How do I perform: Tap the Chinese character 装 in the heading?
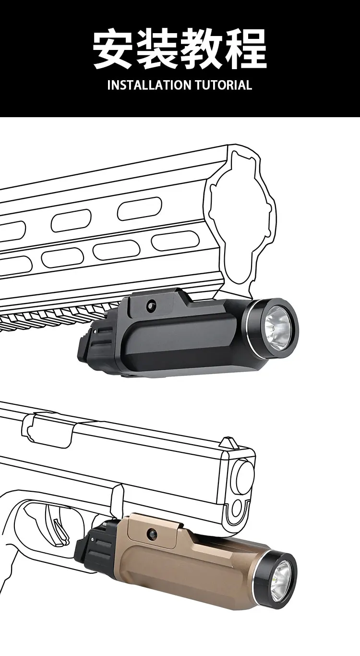[x=158, y=48]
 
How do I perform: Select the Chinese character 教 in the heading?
[x=202, y=48]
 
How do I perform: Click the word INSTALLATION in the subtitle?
[x=149, y=85]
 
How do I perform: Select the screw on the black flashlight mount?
[x=151, y=304]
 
